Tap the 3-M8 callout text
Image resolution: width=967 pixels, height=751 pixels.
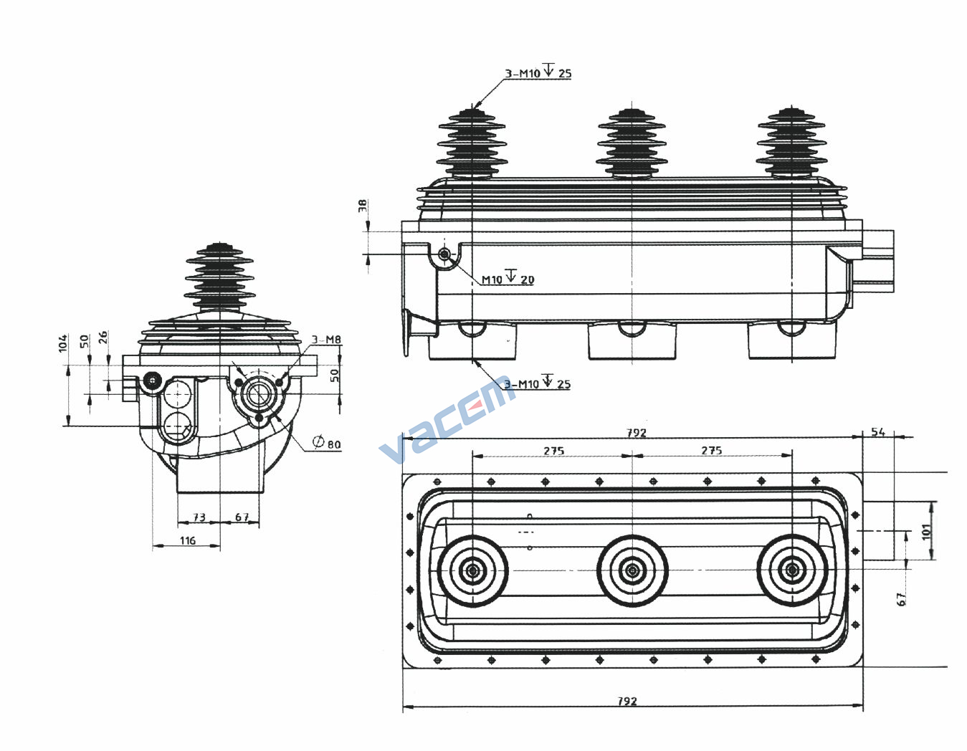point(326,340)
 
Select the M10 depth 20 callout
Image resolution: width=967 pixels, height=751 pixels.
point(508,278)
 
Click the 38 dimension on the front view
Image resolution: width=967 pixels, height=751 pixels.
point(363,206)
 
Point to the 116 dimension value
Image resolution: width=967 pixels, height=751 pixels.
point(187,540)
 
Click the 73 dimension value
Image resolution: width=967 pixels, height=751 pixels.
point(199,517)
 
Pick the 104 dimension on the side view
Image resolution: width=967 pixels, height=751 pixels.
point(63,343)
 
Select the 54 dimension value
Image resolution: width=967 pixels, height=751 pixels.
point(878,431)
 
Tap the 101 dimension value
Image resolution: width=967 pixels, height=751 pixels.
point(927,532)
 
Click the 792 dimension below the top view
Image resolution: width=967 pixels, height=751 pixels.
point(627,702)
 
